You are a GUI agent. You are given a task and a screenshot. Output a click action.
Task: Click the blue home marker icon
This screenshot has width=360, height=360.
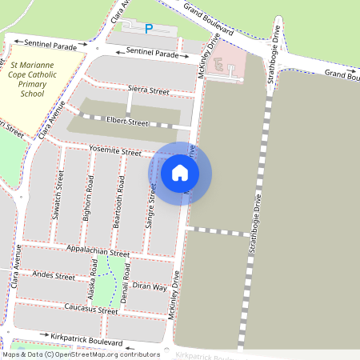click(180, 172)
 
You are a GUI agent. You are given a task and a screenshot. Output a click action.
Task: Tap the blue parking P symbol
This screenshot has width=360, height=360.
click(148, 29)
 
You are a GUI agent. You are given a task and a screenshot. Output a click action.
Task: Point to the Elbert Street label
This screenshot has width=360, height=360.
click(128, 123)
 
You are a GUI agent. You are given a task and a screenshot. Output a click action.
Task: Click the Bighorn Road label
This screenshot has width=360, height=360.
click(88, 202)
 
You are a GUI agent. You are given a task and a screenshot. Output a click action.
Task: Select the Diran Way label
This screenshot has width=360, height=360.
click(150, 286)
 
